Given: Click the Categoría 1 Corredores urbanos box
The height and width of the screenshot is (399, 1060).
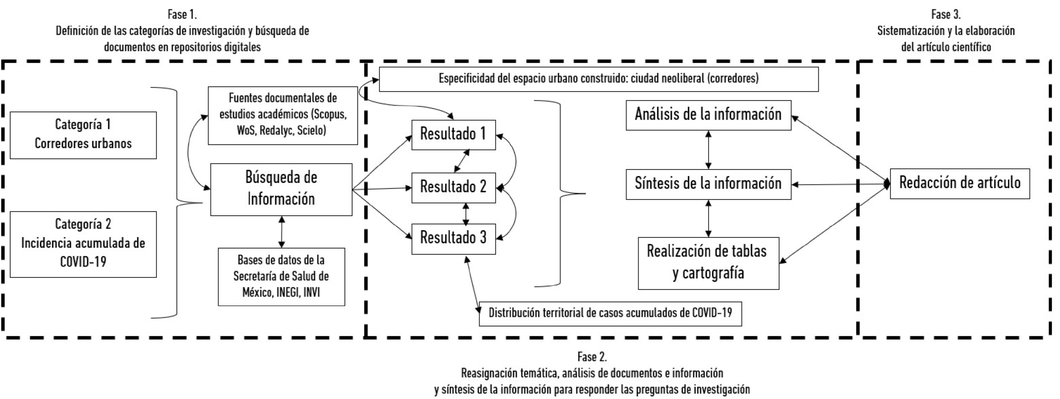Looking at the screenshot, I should coord(83,135).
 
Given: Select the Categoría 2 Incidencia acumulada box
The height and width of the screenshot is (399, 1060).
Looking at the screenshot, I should coord(83,244).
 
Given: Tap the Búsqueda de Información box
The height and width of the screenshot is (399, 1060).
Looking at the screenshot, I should coord(281,189).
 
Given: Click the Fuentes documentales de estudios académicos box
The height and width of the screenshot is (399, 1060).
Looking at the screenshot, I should coord(283,115).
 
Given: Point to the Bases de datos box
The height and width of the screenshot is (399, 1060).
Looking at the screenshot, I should coord(281,277).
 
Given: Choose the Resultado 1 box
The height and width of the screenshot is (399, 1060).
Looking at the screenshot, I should coord(453,134).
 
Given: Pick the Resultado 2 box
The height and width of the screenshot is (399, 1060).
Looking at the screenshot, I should coord(453,188).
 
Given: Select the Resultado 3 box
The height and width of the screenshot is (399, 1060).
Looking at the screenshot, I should coord(453,239).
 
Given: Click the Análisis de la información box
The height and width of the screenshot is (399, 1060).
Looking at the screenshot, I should coord(708,115).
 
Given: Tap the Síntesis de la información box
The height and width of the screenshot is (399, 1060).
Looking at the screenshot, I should coord(708,184).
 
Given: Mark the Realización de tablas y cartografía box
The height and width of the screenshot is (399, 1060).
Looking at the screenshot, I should coord(708,263).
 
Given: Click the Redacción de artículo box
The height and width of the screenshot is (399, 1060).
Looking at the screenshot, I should coord(960,183).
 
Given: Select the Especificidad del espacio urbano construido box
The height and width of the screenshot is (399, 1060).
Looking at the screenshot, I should coord(598,79).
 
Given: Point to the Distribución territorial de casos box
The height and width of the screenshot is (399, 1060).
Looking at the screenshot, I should coord(610,313).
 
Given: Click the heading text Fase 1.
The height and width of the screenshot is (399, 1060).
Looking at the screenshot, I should coord(182,15).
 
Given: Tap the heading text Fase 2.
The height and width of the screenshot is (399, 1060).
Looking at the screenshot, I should coord(592,356).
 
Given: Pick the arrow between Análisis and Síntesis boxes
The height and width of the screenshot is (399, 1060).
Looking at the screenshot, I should coord(708,150).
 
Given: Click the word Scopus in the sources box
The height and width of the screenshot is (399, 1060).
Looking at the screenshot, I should coord(331,114).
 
